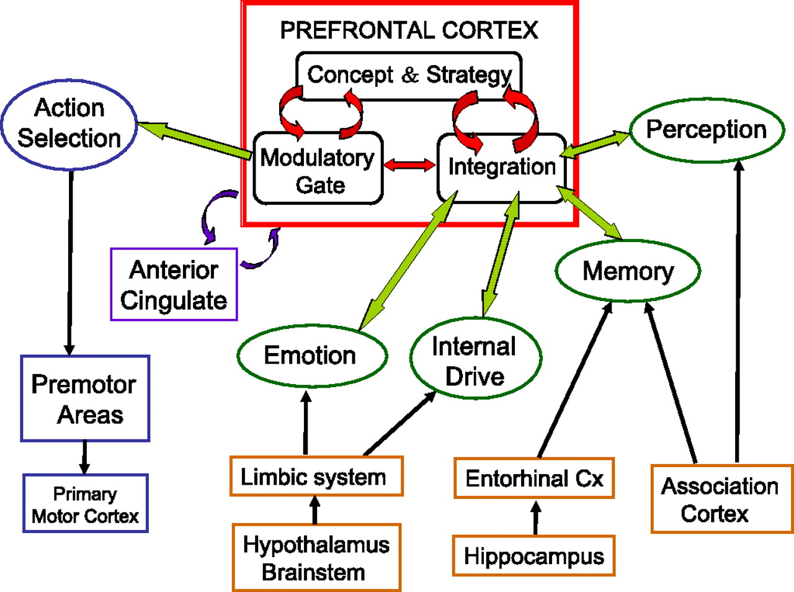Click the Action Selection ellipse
coord(69,124)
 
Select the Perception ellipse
coord(707,130)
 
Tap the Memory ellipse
coord(628,271)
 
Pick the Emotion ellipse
coord(311,356)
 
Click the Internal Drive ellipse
coord(475,360)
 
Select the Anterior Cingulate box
coord(174,285)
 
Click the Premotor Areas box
coord(85,398)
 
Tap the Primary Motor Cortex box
coord(86,503)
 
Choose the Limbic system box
coord(316,477)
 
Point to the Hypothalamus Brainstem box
coord(316,557)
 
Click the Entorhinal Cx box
coord(534,478)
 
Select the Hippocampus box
coord(533,556)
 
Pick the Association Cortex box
coord(721,499)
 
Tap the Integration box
coord(502,168)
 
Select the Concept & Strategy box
coord(409,75)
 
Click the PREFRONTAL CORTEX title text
coord(409,30)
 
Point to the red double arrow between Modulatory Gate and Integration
coord(409,165)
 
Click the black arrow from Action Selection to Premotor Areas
coord(70,261)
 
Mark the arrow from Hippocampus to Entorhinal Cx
coord(536,518)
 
